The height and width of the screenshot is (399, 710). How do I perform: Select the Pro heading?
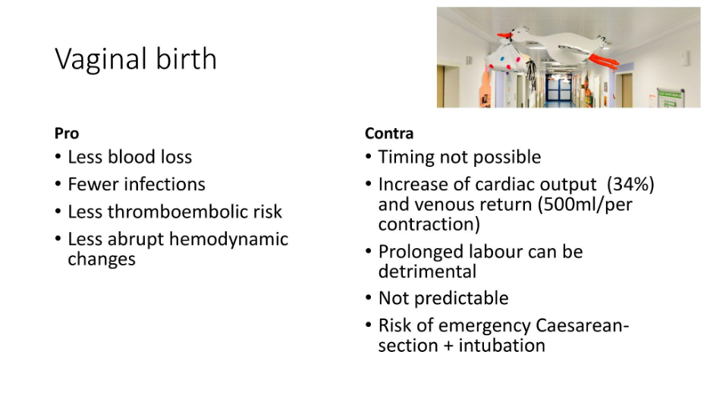point(67,134)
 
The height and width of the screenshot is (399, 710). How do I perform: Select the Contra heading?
point(389,134)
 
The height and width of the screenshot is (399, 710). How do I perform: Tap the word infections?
point(165,184)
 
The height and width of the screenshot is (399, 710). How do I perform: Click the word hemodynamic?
point(228,240)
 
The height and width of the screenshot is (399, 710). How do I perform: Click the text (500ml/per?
point(585,205)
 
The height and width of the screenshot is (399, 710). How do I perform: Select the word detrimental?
point(427,272)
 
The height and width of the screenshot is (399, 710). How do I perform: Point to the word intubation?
point(501,345)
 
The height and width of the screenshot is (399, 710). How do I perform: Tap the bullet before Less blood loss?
point(58,157)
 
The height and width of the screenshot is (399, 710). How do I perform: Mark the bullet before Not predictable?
point(369,298)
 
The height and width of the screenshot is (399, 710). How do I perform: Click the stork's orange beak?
point(504,36)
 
